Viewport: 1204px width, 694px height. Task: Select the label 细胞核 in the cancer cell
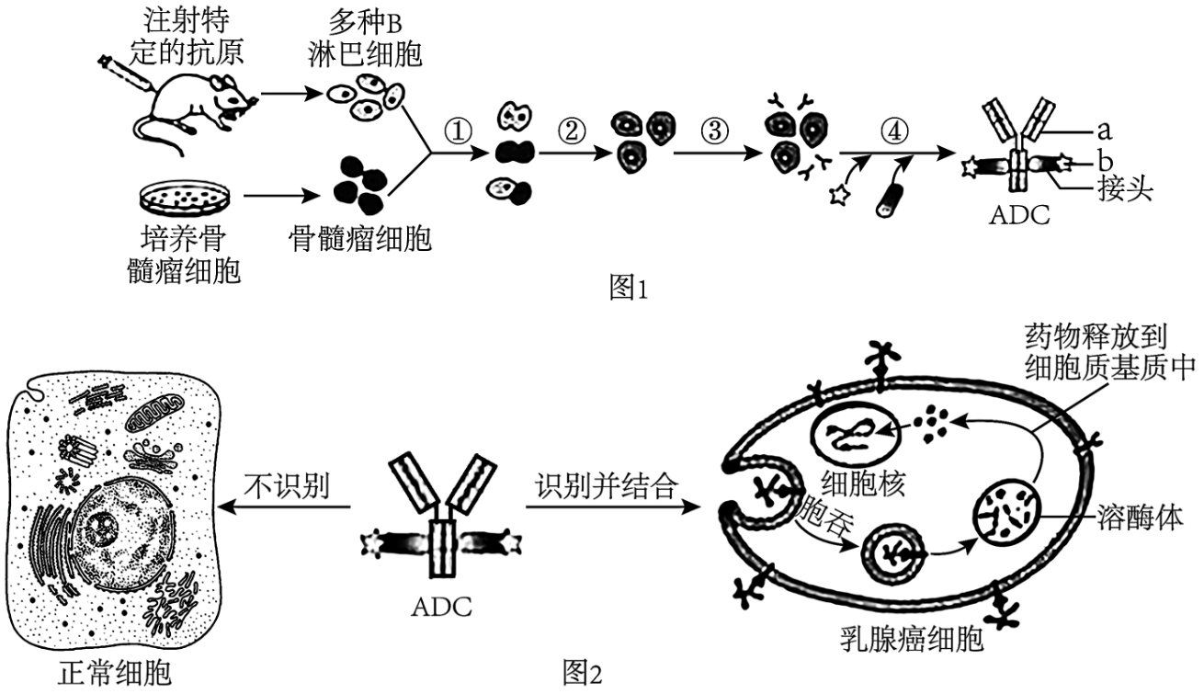click(x=868, y=483)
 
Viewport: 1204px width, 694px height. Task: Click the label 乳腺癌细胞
click(x=913, y=636)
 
